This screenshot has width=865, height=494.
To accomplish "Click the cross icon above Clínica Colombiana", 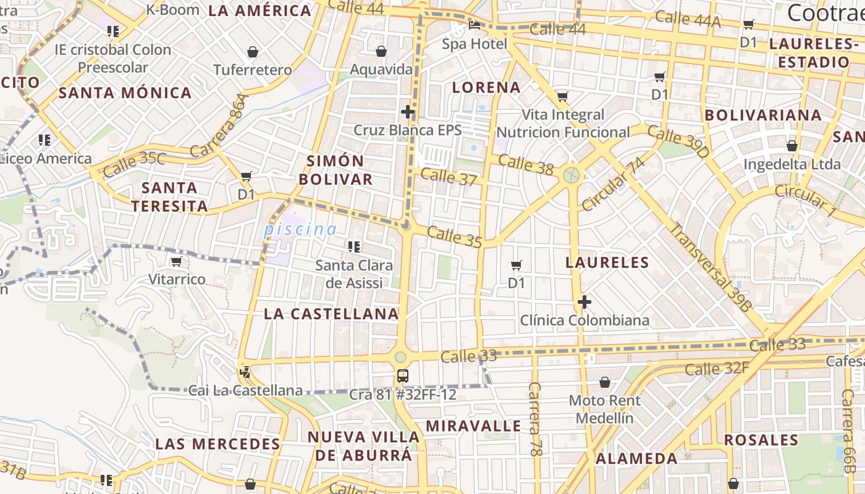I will (x=584, y=302).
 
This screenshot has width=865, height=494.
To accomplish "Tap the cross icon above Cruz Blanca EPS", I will (x=407, y=112).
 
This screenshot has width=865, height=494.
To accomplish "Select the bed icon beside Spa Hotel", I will (x=475, y=25).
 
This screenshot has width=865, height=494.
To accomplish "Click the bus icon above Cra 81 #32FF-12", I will (x=402, y=375).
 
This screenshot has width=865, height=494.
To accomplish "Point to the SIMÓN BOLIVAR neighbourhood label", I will (x=340, y=170).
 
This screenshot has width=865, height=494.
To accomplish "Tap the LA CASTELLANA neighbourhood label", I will (x=331, y=314).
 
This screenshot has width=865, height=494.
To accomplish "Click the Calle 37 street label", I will (x=449, y=177).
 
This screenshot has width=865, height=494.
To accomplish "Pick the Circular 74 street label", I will (x=613, y=183).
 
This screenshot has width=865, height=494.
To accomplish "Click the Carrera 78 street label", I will (x=535, y=419).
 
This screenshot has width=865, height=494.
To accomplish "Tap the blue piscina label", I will (x=300, y=230).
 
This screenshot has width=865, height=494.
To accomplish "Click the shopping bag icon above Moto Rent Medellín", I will (x=604, y=382).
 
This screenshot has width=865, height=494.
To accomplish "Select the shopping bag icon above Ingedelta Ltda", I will (x=791, y=146).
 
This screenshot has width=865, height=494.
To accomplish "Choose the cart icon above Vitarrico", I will (x=176, y=261).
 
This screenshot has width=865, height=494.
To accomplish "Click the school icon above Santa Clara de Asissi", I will (x=353, y=247).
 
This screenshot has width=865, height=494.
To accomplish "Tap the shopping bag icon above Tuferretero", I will (x=252, y=52).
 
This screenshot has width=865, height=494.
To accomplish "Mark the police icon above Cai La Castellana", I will (x=245, y=372).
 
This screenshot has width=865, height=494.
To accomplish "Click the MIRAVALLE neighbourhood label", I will (x=474, y=426).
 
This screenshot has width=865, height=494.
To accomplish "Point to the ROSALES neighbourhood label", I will (x=761, y=440).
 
